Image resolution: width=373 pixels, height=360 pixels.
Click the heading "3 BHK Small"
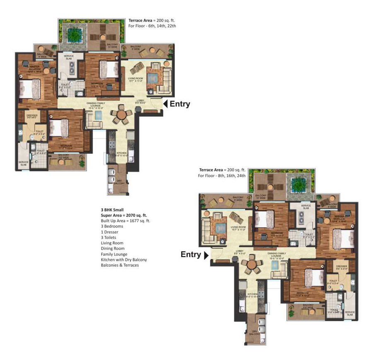click(x=112, y=210)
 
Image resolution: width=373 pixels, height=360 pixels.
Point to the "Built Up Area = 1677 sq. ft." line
click(x=126, y=221)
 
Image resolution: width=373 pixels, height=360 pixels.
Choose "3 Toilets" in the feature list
click(x=110, y=238)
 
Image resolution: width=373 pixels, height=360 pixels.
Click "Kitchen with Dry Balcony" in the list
click(x=124, y=260)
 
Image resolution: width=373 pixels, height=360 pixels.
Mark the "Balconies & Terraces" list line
click(x=120, y=265)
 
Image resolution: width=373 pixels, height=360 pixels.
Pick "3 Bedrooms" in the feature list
click(x=112, y=226)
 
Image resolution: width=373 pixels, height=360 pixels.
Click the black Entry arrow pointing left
click(x=165, y=104)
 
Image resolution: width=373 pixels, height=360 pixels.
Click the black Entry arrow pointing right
click(x=205, y=255)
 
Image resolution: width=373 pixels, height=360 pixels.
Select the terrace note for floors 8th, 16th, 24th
click(x=222, y=173)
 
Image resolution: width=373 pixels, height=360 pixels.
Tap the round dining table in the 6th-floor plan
click(x=121, y=114)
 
